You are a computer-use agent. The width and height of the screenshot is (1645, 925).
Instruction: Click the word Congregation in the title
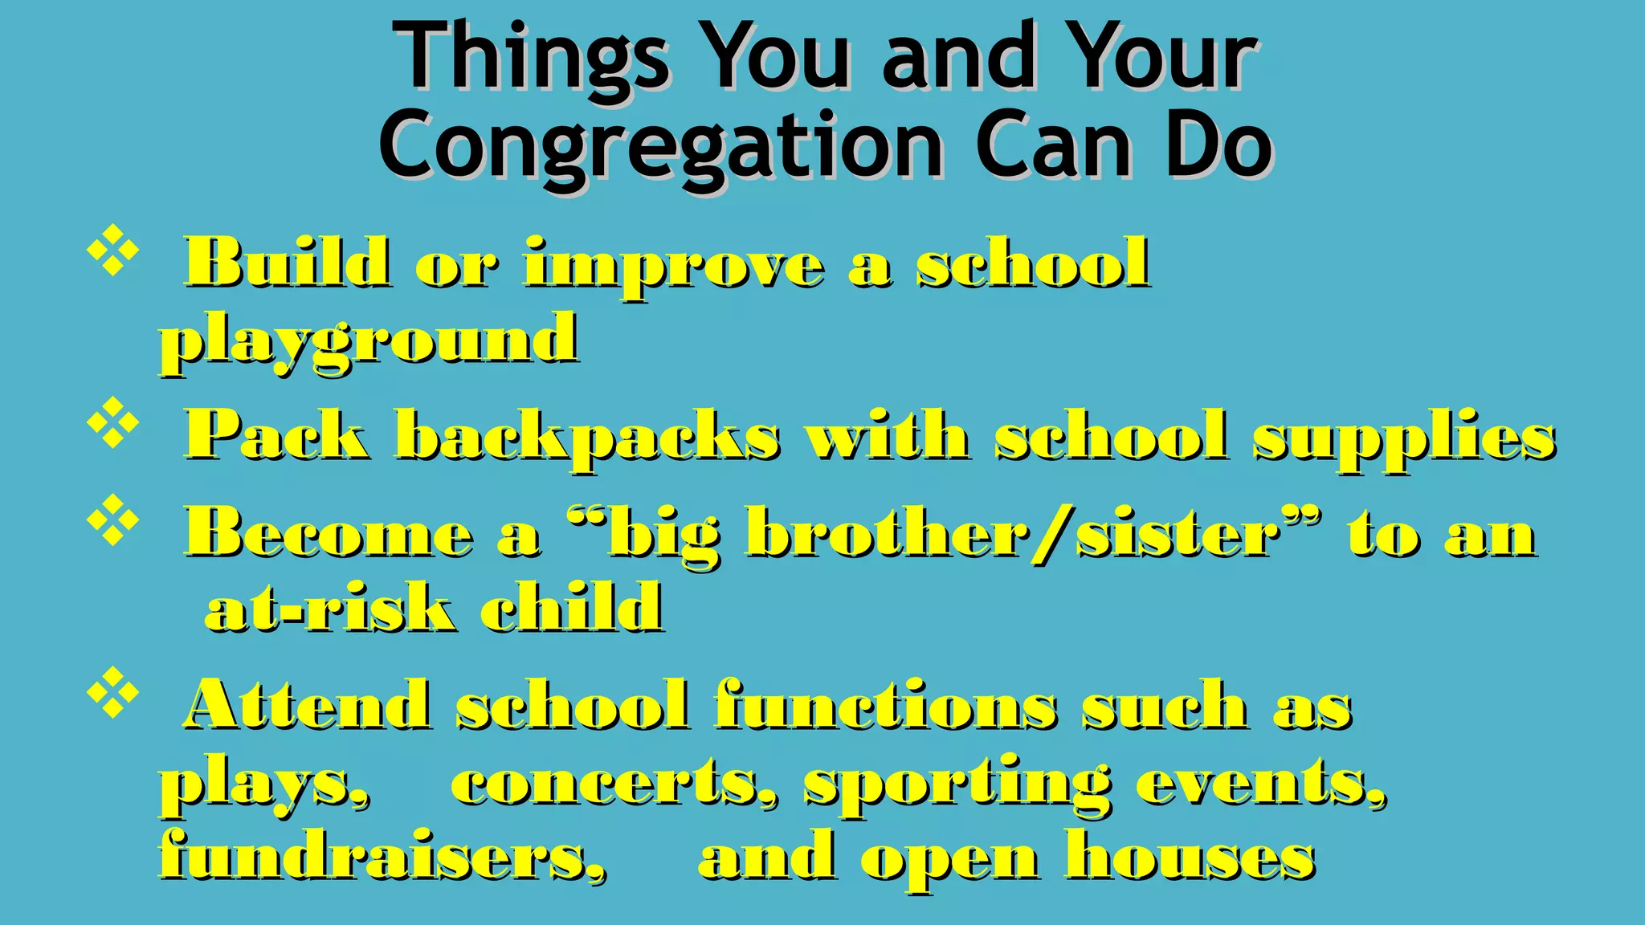(660, 146)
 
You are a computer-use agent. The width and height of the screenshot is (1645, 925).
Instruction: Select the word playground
(369, 340)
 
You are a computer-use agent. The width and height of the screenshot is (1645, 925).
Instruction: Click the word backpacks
(587, 438)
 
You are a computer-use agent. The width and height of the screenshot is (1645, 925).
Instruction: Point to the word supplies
(1405, 438)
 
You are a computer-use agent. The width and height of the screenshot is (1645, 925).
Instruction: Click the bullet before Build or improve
(112, 251)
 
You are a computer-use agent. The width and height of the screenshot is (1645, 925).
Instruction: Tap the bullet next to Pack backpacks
(112, 422)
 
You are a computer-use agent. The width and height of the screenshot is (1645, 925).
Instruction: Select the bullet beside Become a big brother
(112, 520)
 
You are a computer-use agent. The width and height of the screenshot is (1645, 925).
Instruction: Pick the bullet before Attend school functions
(112, 692)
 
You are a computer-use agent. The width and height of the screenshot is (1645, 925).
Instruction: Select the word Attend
(308, 705)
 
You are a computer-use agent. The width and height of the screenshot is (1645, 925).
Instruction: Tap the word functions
(886, 705)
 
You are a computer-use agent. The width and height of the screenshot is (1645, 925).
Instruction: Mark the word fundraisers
(382, 856)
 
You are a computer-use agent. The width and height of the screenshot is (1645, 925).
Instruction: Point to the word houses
(1190, 856)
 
